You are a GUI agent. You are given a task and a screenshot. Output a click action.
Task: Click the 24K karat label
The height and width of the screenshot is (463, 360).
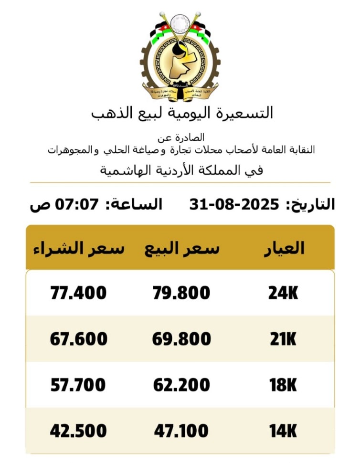283,293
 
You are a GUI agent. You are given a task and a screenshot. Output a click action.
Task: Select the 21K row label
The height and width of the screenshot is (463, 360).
283,339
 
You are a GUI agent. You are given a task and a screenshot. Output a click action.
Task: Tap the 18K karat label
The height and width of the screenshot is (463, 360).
283,385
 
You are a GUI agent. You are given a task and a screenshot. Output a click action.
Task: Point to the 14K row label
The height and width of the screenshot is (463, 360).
283,431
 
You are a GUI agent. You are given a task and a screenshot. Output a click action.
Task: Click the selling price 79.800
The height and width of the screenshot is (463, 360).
181,293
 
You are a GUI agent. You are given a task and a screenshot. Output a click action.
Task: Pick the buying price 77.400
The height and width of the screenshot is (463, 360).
78,293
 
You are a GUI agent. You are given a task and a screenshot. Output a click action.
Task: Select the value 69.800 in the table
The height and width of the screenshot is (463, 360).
181,339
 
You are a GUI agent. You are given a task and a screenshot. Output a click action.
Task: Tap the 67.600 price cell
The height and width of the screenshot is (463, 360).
78,339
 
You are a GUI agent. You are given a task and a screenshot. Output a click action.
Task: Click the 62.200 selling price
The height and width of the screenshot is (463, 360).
181,385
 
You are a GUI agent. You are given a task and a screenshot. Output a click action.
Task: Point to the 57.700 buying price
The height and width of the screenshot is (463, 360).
78,385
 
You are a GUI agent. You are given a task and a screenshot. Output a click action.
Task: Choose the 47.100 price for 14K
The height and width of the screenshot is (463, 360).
181,431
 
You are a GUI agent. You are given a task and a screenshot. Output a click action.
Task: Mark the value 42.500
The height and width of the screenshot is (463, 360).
78,431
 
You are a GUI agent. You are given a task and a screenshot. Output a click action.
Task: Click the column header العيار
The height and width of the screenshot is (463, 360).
284,248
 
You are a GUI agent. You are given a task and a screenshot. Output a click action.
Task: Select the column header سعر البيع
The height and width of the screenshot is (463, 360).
182,248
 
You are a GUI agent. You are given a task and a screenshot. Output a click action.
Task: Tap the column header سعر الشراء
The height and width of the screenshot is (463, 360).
78,248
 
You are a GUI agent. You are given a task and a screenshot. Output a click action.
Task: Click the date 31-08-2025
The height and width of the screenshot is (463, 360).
234,204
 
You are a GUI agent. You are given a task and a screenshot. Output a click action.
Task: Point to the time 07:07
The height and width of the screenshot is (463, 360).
77,204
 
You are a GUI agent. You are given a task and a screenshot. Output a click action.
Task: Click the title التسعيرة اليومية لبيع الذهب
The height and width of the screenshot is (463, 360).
182,113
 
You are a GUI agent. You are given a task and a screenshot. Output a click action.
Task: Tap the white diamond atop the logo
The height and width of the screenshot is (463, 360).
180,22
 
